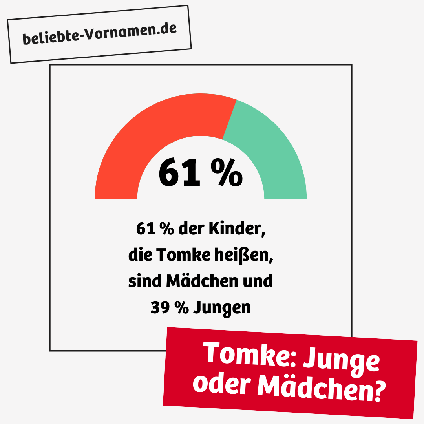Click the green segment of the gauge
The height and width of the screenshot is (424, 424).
click(271, 149)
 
